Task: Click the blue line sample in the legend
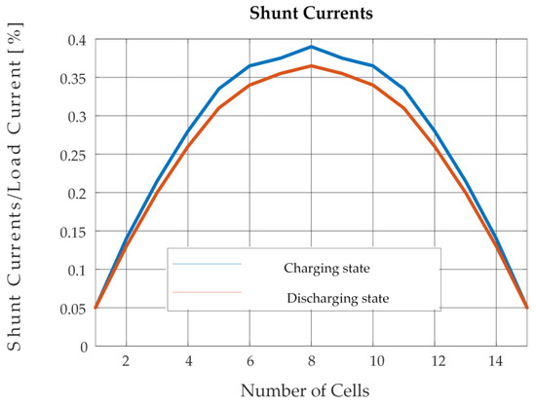point(207,263)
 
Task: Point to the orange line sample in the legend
point(207,291)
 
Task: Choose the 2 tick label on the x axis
point(126,360)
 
